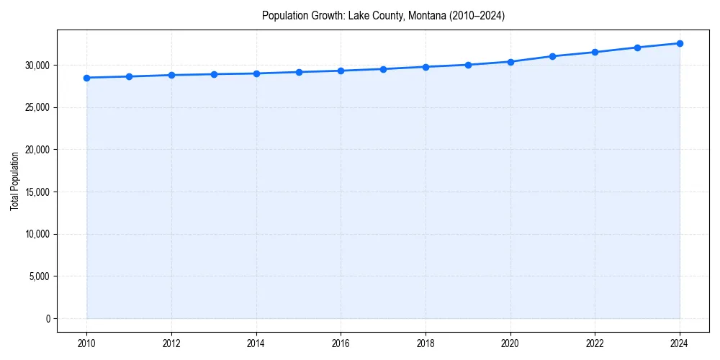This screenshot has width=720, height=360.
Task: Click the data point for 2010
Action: (86, 78)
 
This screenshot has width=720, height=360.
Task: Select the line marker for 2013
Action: (214, 74)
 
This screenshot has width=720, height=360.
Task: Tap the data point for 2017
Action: (383, 69)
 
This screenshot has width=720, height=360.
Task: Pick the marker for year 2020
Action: (510, 62)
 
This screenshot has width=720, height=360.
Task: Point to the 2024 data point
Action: (680, 43)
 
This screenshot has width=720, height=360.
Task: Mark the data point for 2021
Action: (552, 56)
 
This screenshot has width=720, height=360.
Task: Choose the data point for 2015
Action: (299, 72)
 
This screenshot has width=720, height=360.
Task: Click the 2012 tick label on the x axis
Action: (171, 343)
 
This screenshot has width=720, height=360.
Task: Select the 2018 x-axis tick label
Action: (426, 343)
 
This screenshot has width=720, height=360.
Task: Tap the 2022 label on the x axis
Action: (595, 343)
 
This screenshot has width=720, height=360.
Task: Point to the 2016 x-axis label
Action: (341, 343)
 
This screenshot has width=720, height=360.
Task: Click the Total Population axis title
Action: (14, 181)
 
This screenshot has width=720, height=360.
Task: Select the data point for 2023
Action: (637, 48)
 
